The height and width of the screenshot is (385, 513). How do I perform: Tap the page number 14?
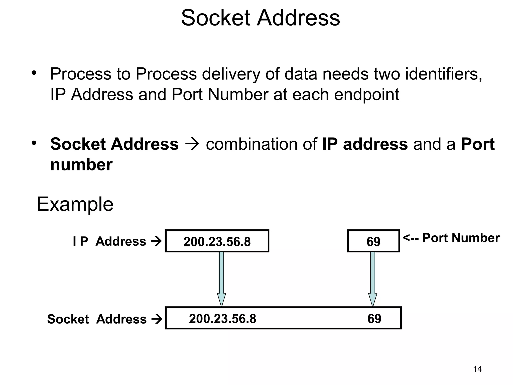pos(477,369)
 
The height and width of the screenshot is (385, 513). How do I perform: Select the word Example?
pos(75,205)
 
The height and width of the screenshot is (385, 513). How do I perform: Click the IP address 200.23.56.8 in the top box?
pos(217,242)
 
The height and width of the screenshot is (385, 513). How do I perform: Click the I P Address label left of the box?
pos(109,241)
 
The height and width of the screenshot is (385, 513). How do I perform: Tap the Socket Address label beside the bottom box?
pos(97,319)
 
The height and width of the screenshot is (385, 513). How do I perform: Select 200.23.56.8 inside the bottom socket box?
pos(222,319)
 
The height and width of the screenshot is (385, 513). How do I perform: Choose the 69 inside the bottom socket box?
pos(374,319)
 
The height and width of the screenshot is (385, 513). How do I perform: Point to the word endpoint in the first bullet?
pos(366,94)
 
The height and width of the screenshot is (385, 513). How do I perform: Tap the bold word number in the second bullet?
pos(81,165)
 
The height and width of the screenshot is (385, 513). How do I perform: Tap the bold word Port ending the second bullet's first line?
pos(478,144)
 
